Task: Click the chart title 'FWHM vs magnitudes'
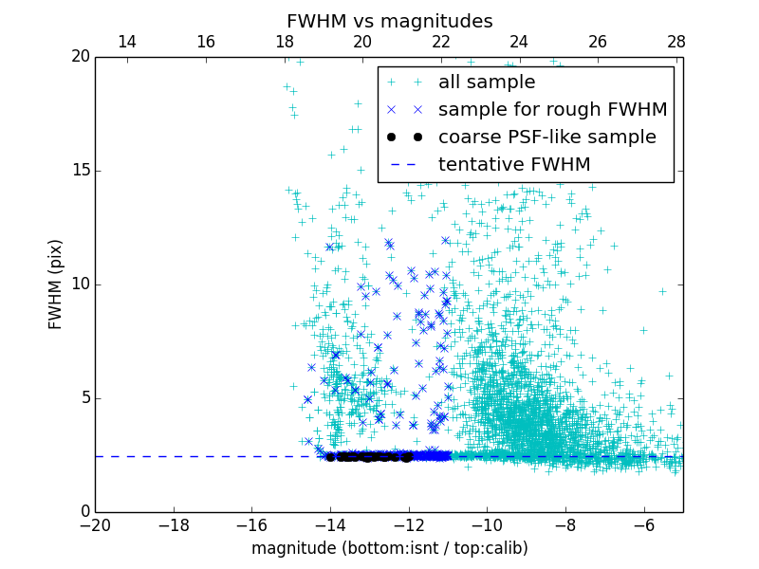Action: click(389, 21)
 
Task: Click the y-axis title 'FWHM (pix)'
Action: click(56, 284)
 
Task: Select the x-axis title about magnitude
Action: click(389, 548)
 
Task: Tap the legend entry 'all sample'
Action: click(486, 83)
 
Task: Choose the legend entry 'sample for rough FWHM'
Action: click(552, 110)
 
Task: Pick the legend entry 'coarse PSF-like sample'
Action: click(546, 138)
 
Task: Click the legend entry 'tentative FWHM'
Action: click(513, 165)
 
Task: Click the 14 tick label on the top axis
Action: click(127, 42)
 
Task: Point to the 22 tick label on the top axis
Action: click(440, 42)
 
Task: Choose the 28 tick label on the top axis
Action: click(676, 42)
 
